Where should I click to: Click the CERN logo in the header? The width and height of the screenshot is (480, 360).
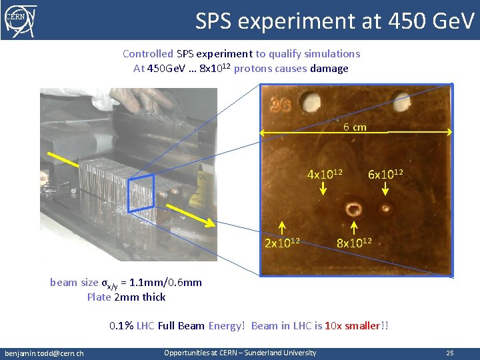pos(21,19)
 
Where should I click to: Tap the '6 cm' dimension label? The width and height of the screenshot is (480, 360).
pos(355,127)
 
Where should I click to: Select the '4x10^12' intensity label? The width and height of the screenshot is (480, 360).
pos(325,174)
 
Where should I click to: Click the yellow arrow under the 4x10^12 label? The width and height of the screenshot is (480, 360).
pos(323,189)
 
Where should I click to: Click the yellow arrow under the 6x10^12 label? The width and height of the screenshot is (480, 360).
pos(385,189)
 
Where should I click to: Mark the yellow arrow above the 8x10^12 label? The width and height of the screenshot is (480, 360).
pos(353,227)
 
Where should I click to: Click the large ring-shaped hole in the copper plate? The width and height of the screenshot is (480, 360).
pos(353,211)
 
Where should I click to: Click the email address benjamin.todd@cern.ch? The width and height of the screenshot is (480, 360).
pos(44,353)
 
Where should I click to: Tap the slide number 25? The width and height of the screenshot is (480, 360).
pos(450,353)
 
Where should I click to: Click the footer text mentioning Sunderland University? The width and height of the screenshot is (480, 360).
pos(240,352)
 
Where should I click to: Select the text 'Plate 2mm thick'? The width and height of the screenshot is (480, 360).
pos(126,297)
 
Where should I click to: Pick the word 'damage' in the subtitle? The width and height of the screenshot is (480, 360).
pos(329,68)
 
